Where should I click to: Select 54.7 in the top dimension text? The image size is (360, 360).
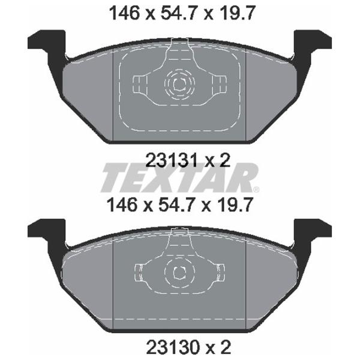click(177, 13)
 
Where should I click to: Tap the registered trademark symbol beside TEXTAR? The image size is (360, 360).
click(256, 190)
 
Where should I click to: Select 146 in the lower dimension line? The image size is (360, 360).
click(122, 205)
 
